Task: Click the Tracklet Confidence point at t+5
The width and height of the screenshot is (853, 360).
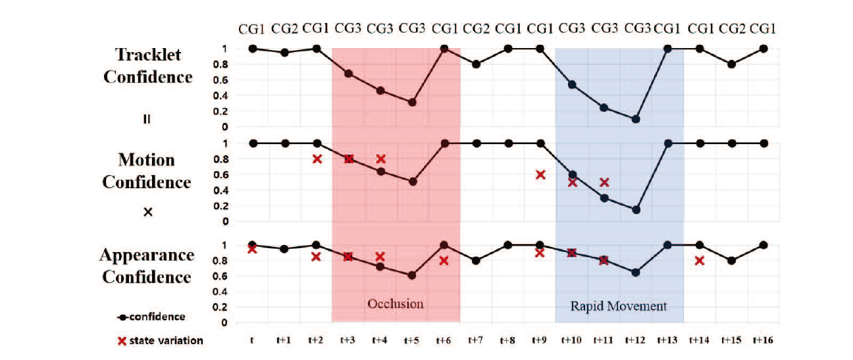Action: (412, 102)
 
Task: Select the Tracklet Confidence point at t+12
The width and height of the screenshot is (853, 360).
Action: (635, 119)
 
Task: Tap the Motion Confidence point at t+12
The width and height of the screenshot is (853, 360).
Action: (635, 210)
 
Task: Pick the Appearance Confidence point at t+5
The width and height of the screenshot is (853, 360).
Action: (412, 275)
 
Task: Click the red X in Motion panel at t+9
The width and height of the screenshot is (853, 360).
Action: (540, 175)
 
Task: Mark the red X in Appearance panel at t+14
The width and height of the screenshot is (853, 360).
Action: (700, 261)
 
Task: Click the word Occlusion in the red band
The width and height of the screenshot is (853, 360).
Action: (395, 304)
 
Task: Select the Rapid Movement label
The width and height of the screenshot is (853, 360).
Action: (619, 306)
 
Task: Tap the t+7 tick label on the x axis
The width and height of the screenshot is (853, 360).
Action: (475, 340)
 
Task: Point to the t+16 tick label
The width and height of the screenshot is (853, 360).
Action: (763, 340)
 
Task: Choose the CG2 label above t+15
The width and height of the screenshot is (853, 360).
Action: (732, 28)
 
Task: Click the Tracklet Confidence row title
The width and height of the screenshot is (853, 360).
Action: (148, 66)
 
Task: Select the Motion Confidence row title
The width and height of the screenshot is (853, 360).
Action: (147, 171)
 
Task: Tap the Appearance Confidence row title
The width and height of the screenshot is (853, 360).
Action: (148, 266)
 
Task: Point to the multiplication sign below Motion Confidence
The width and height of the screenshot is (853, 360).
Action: (147, 212)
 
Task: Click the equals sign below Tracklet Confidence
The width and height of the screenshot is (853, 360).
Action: (147, 120)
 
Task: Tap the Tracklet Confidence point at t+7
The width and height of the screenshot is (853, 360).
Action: (475, 64)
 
